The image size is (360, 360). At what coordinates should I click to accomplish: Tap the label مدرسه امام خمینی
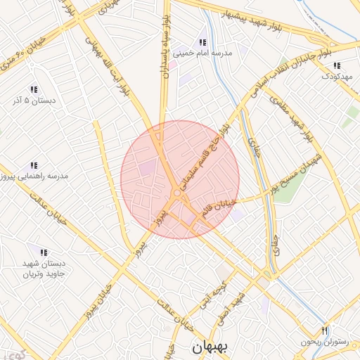click(x=202, y=52)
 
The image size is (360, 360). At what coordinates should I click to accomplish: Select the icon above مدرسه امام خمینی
click(x=203, y=41)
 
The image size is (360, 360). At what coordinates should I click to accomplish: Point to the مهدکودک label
click(x=337, y=76)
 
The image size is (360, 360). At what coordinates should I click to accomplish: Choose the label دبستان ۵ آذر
click(x=33, y=101)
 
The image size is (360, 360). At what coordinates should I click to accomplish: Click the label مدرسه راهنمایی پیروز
click(x=34, y=176)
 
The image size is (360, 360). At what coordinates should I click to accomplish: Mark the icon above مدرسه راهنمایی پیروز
click(x=34, y=165)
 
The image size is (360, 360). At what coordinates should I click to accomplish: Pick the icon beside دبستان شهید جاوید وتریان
click(x=44, y=252)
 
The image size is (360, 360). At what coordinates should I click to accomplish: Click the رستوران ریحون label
click(x=324, y=342)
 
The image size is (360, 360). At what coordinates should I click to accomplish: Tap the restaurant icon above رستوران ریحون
click(x=324, y=331)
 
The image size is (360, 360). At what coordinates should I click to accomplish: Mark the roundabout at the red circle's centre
click(x=177, y=193)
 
